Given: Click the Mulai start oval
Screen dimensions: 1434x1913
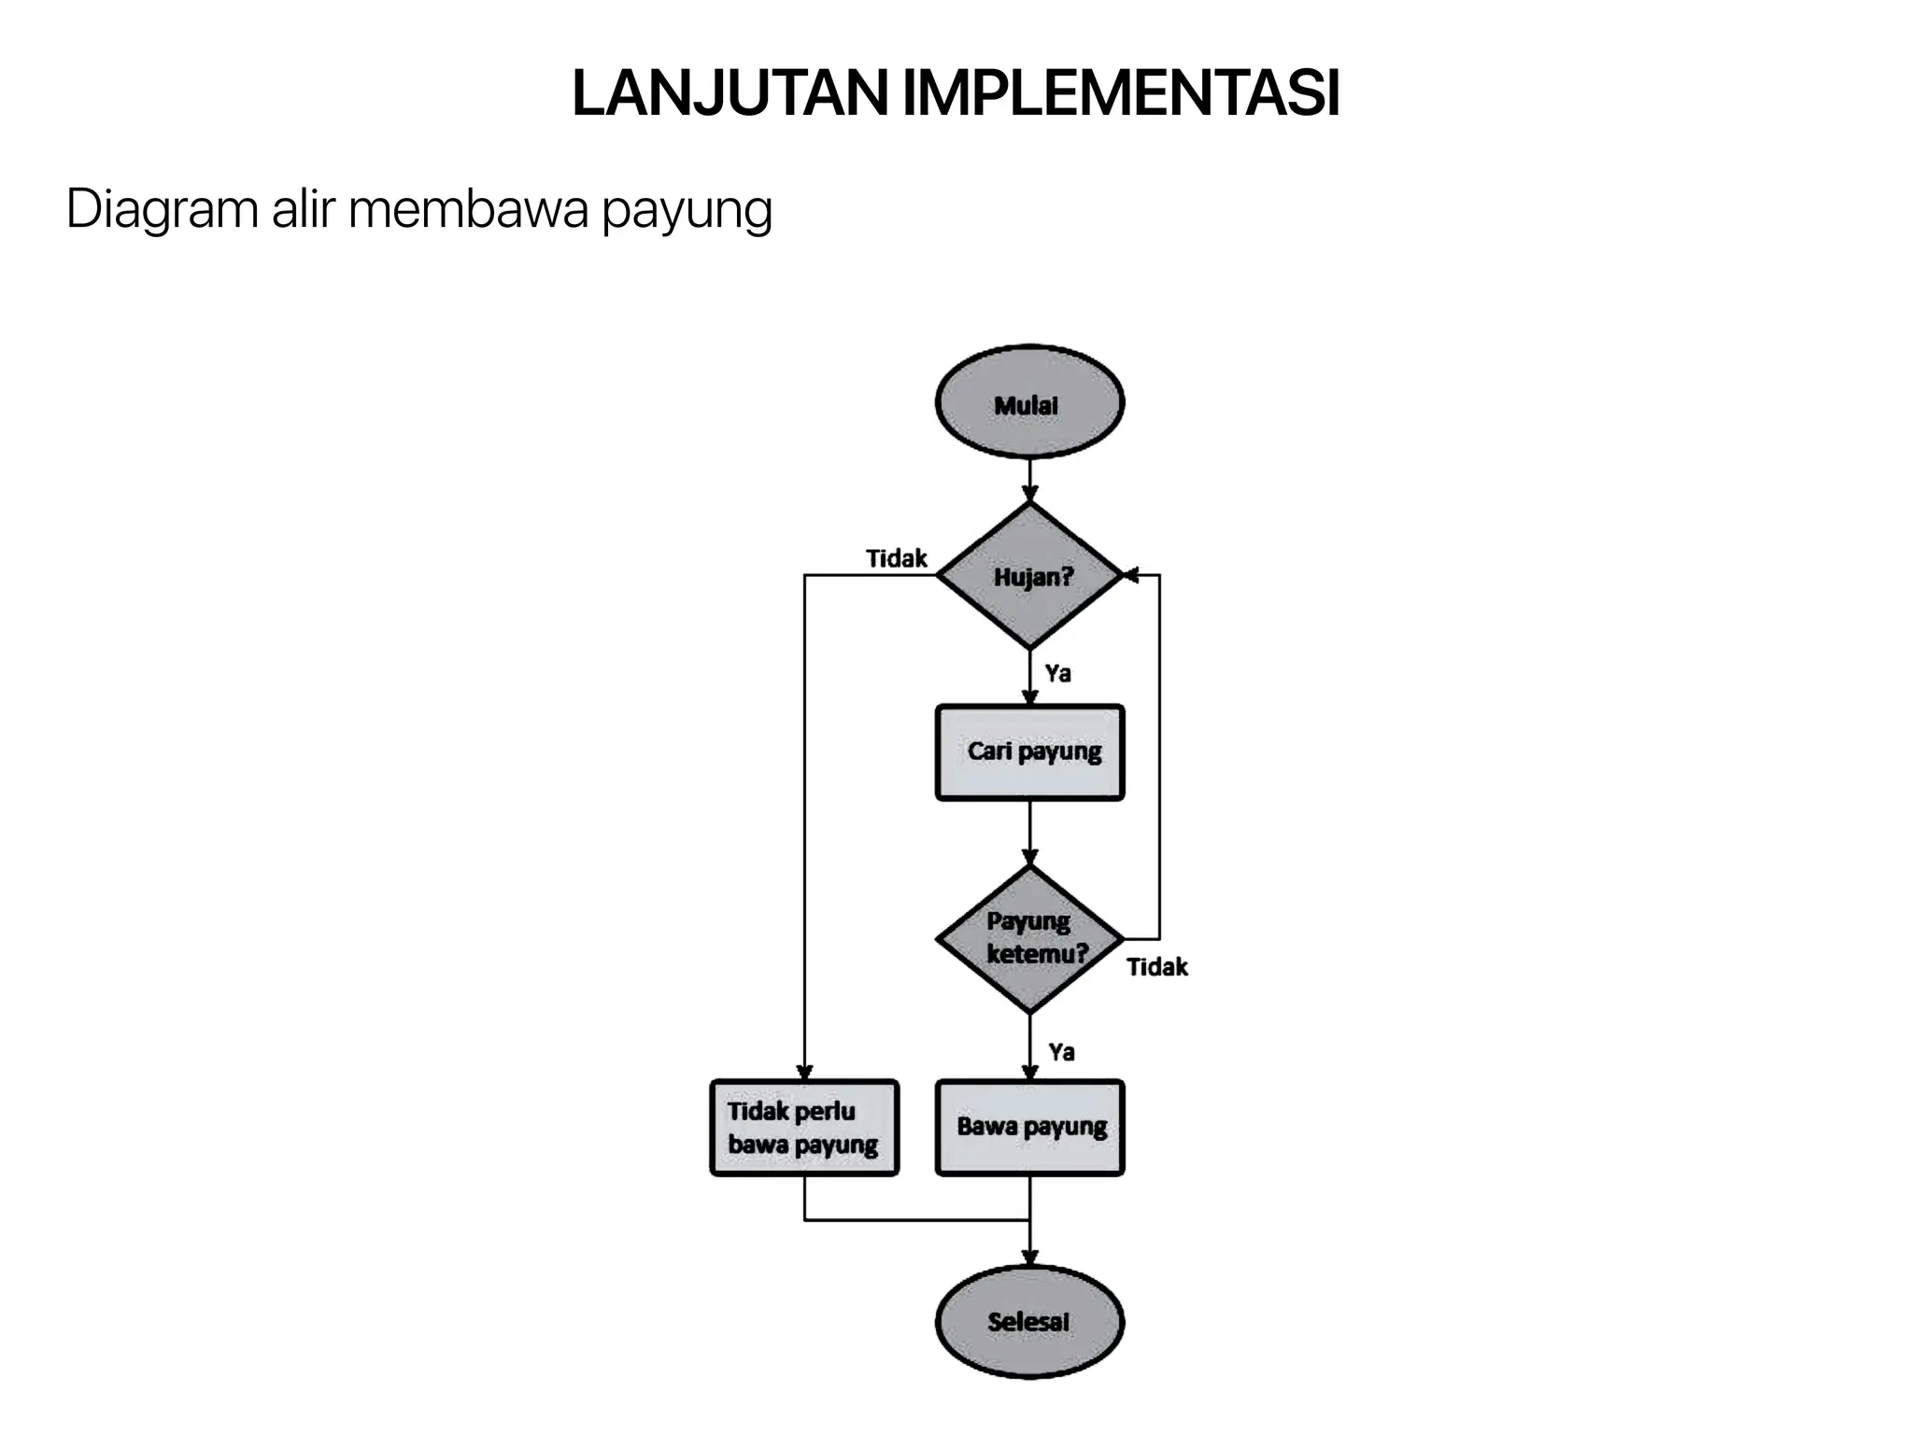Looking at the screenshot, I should tap(1029, 402).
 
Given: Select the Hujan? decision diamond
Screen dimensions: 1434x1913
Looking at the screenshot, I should tap(1029, 576).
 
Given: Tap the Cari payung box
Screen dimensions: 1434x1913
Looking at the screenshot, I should tap(1029, 752).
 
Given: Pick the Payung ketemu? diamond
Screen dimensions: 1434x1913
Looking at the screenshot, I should tap(1029, 938).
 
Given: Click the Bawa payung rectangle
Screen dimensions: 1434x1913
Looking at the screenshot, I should tap(1029, 1127).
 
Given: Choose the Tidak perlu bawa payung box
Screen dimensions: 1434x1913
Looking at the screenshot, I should tap(804, 1127).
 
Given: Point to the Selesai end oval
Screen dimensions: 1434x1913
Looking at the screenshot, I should tap(1029, 1321).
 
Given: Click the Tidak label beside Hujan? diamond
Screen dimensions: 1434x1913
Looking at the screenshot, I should tap(896, 558).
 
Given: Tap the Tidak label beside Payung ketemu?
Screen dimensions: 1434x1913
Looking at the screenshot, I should tap(1156, 966).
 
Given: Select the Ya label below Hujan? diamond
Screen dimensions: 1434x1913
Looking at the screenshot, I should tap(1057, 673).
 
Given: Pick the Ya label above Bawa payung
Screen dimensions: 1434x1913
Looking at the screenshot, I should tap(1061, 1052).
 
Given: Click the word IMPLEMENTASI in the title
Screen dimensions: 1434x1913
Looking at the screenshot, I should tap(1121, 93).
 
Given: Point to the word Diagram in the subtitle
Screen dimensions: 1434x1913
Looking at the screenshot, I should tap(162, 209).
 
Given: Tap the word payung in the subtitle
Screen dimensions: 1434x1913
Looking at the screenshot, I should tap(687, 211).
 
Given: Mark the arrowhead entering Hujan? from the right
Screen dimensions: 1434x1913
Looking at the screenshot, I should tap(1130, 575).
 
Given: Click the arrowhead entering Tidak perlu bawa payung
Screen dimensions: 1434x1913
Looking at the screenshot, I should tap(804, 1073).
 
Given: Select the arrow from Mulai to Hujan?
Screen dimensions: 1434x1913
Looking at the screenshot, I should tap(1029, 480).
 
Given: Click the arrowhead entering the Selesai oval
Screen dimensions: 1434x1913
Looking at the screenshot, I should tap(1029, 1258).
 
